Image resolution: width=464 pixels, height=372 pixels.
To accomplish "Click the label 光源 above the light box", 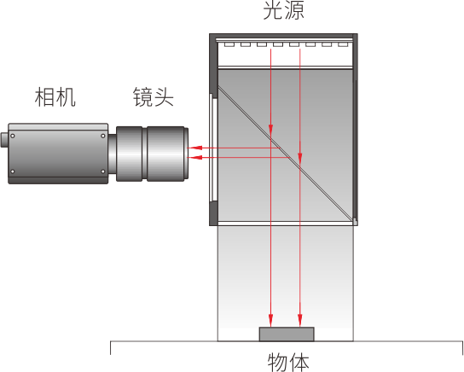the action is coord(283,9).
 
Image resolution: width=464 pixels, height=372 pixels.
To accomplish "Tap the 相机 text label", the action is coord(55,97).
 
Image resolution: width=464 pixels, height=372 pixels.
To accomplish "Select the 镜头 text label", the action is coord(153,96).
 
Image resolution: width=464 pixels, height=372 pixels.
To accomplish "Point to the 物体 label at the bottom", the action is coord(288,362).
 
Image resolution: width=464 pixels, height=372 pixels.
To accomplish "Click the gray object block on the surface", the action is coord(287,334).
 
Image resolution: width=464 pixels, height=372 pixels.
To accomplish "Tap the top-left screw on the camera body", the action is coord(13,136).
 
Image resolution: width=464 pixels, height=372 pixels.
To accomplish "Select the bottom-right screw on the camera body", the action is coord(102,171).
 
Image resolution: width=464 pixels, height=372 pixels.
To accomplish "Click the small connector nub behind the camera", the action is coord(4,140).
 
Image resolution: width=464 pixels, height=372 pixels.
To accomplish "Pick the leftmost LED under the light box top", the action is coord(229,44).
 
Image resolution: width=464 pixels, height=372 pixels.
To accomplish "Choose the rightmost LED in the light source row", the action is coord(343,44).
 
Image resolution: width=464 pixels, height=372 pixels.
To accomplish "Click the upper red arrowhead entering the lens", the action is coord(194,148).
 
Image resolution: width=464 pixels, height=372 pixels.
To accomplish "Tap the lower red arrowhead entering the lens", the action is coord(194,158).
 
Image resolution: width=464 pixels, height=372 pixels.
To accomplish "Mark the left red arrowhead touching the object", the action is coord(270,321).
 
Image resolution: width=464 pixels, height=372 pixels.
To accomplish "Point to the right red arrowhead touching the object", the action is coord(299,321).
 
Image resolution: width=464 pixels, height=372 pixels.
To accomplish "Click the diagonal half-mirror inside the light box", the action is coord(286,154).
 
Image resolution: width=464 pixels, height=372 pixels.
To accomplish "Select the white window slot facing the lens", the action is coord(213,148).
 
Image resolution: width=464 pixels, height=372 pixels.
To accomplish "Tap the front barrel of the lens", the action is coord(167,154).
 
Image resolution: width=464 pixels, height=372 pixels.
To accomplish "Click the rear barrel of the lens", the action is coord(130,154).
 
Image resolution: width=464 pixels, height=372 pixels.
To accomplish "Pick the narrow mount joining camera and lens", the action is coord(112,154).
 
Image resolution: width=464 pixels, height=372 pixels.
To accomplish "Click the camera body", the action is coord(58,154).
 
